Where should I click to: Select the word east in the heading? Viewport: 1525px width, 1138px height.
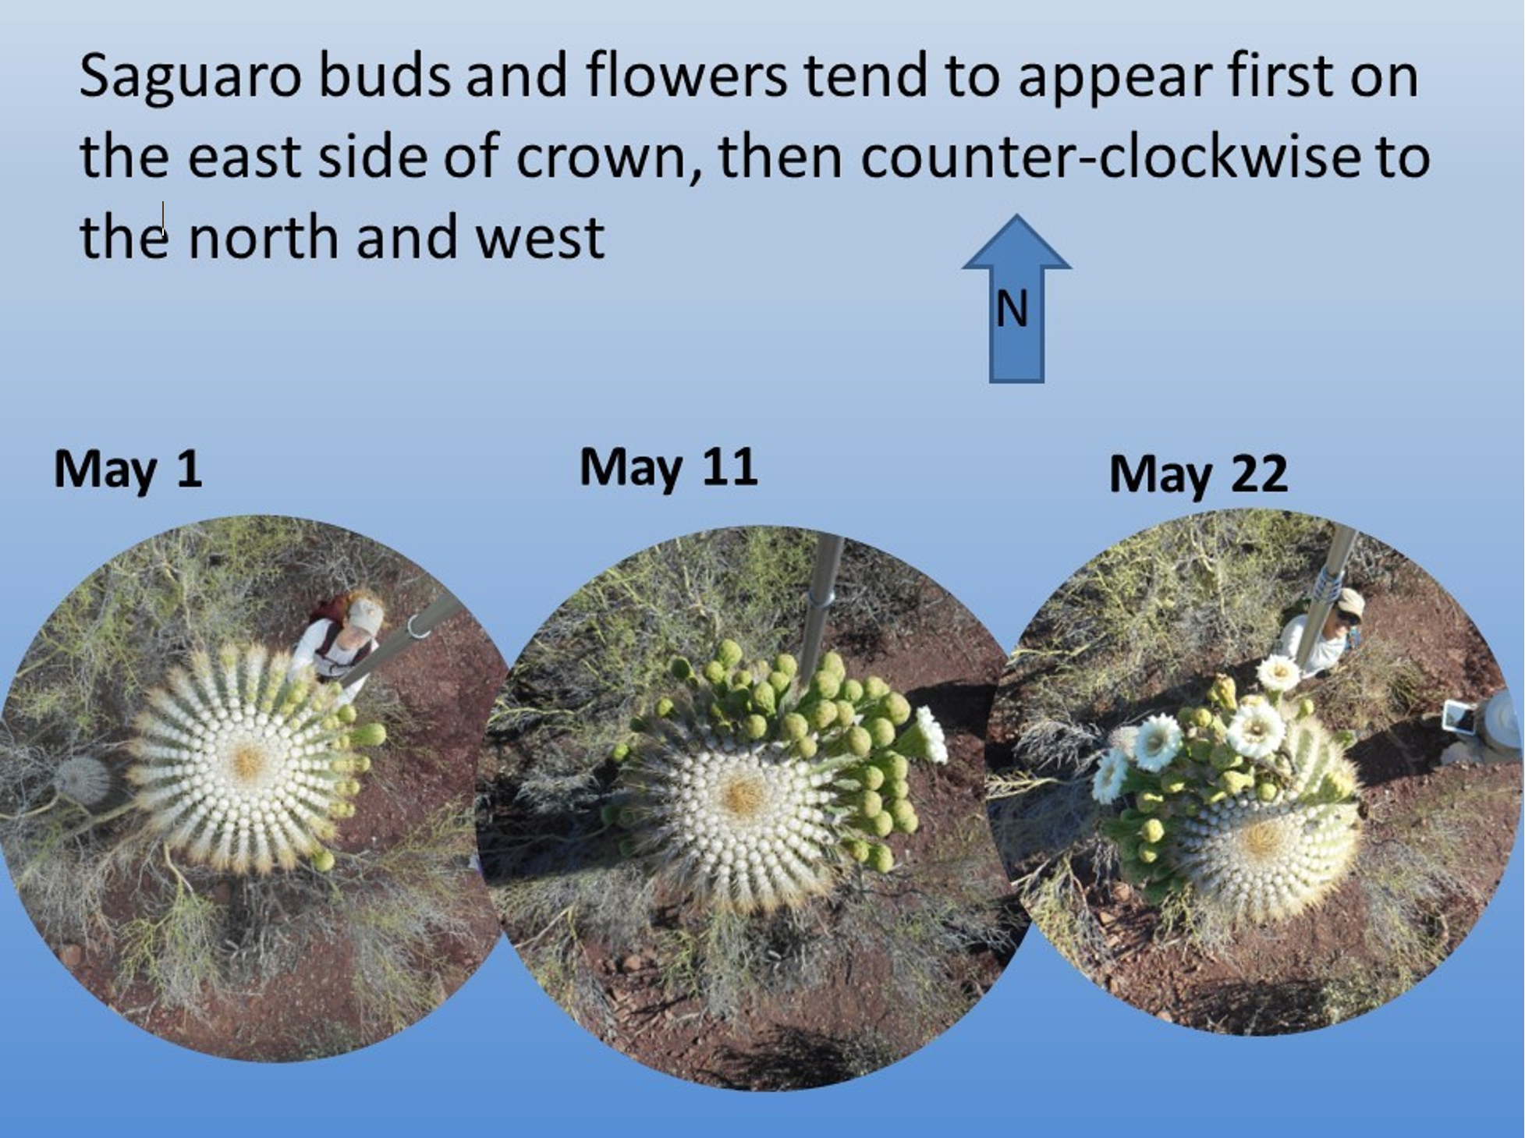point(244,156)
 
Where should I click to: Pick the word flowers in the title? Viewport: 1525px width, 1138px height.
point(686,76)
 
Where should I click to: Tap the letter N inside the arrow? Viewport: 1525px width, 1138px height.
point(1012,309)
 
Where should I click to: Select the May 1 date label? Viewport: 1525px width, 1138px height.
point(128,469)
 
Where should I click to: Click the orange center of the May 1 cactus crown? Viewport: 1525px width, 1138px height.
point(249,760)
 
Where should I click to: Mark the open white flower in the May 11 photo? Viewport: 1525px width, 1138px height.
point(931,734)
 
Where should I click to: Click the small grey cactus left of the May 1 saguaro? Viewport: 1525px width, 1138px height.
point(81,779)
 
